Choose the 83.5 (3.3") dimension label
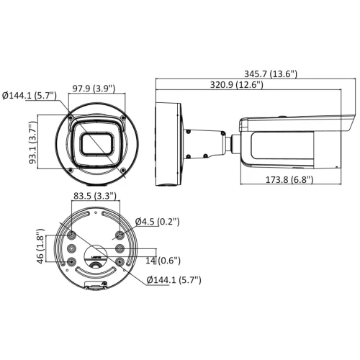point(95,196)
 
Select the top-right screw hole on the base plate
point(120,235)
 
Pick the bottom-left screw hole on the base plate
point(71,261)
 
